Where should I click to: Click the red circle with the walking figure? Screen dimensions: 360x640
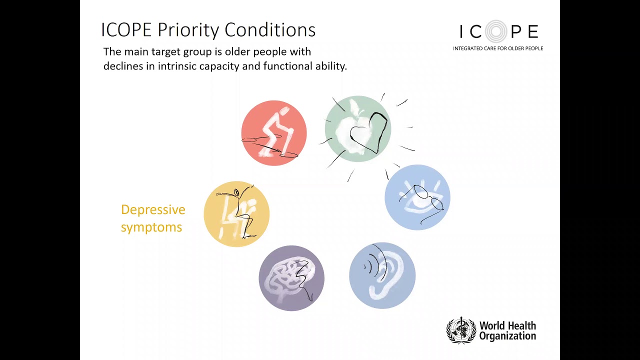(274, 133)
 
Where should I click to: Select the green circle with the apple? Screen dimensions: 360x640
(357, 129)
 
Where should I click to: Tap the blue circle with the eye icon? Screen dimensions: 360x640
(417, 197)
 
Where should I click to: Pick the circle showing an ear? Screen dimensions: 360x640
(382, 275)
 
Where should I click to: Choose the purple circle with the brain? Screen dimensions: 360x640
(291, 278)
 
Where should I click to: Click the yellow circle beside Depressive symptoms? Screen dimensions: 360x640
(236, 214)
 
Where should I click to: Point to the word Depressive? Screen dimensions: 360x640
(153, 210)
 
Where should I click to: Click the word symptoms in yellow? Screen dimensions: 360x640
(151, 227)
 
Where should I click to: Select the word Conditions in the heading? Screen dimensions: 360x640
(270, 30)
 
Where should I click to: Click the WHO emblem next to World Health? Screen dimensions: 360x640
(460, 330)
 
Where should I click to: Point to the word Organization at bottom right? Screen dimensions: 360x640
(507, 336)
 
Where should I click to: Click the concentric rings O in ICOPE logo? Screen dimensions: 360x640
(496, 32)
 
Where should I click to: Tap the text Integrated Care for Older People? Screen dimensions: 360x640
(498, 48)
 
